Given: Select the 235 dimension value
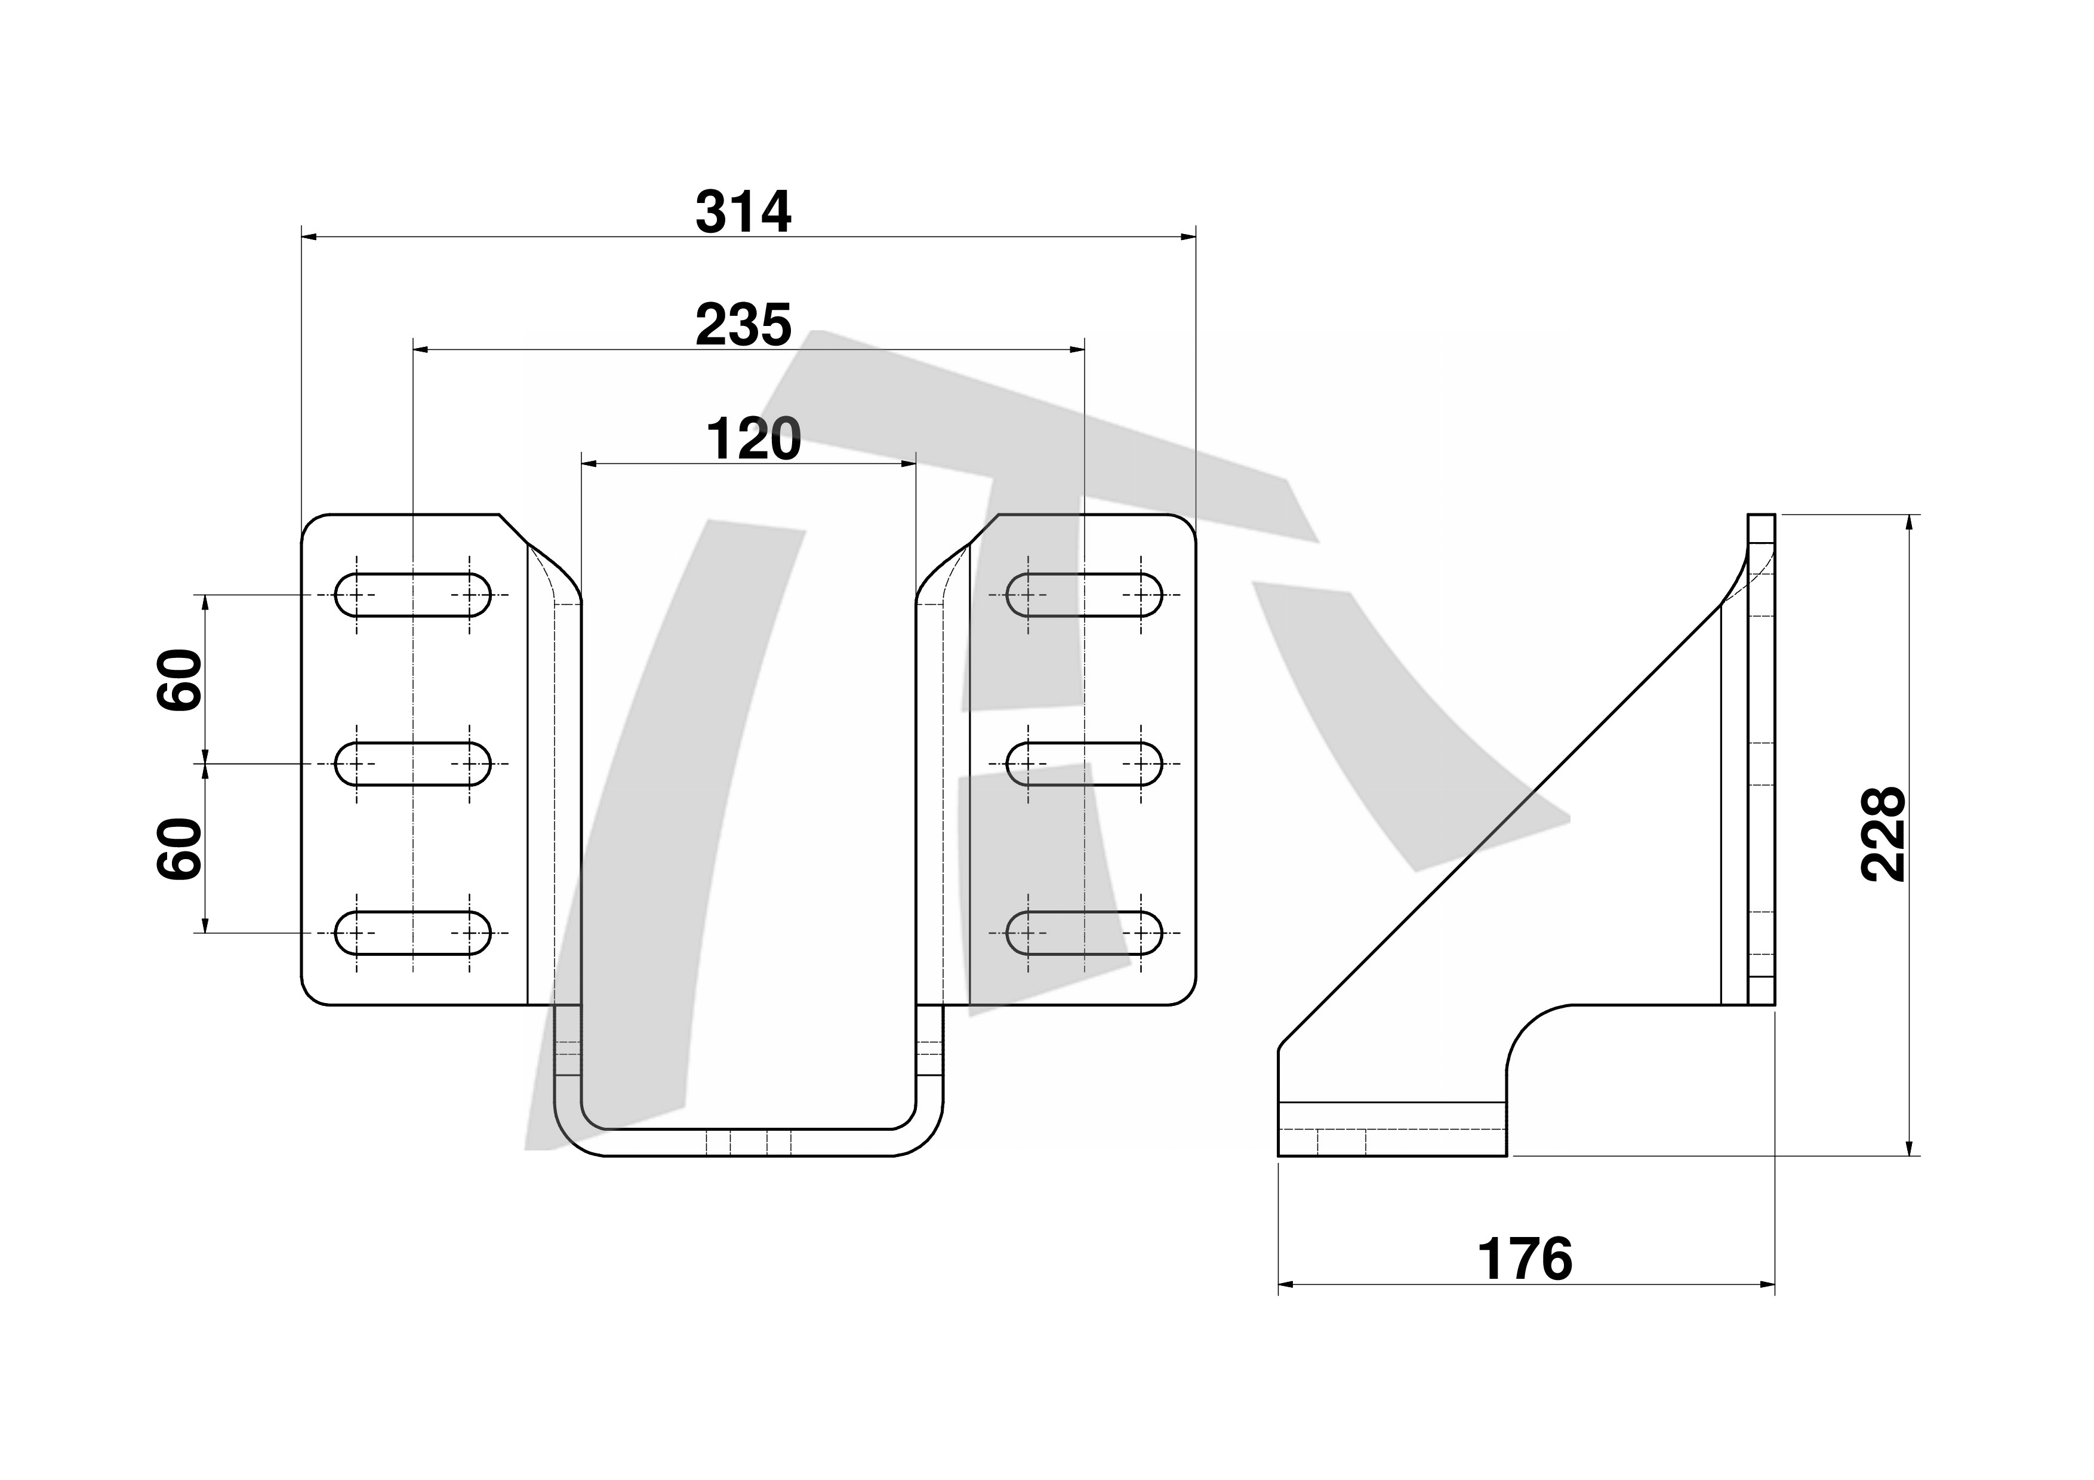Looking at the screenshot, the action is [743, 325].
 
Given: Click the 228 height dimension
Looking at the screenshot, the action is [1883, 835].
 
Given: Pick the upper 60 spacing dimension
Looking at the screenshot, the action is [178, 679].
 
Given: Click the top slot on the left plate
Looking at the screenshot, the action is [413, 595].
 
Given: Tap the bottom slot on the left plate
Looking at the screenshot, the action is [413, 933].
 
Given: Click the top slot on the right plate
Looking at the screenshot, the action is [1085, 595].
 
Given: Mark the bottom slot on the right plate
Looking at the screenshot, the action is [1085, 933].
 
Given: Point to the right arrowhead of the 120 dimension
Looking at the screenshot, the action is [909, 464].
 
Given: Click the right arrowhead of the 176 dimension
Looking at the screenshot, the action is [1767, 1286].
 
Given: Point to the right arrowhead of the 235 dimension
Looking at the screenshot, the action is [1077, 349].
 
